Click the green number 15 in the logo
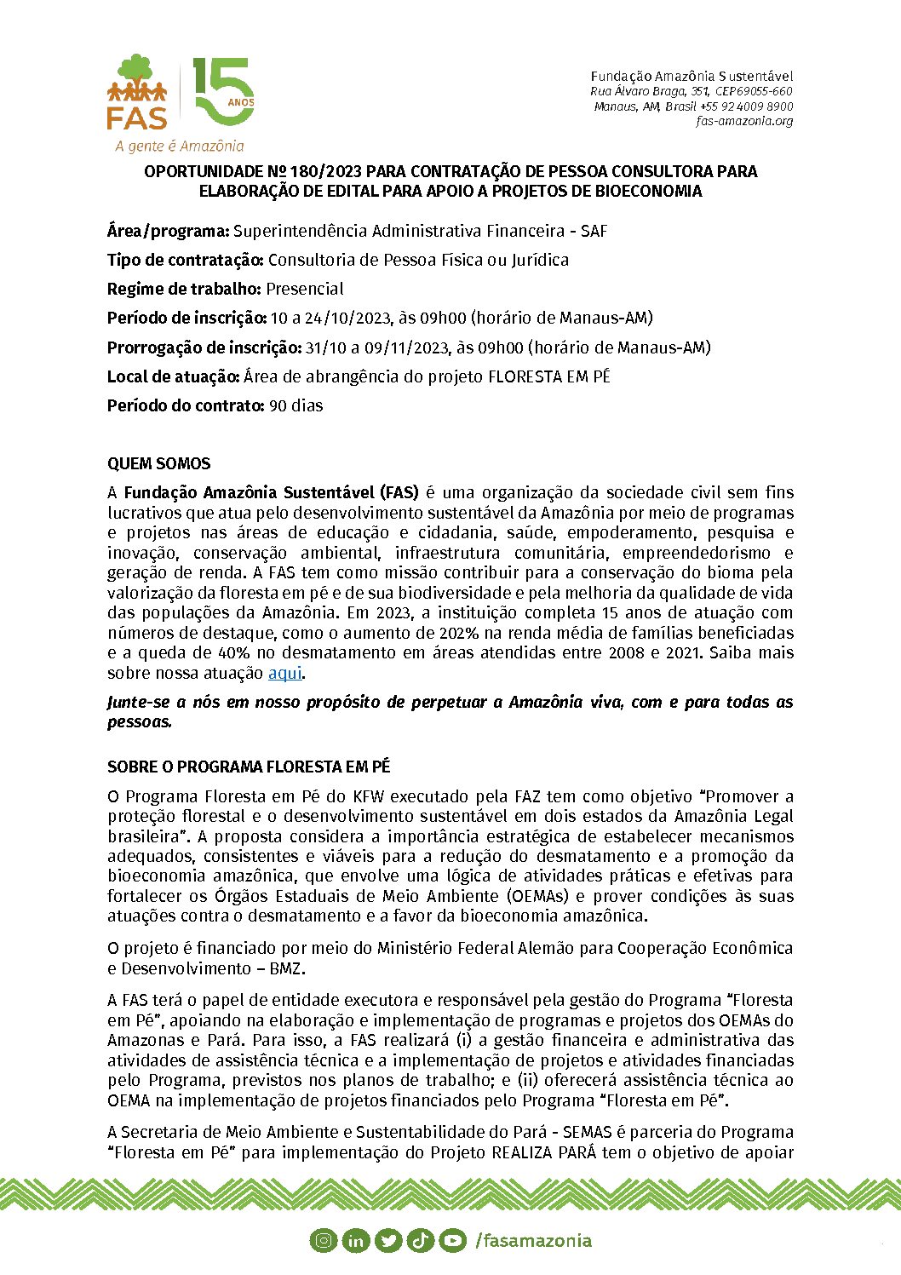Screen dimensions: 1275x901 pyautogui.click(x=222, y=91)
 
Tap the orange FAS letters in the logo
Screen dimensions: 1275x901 pyautogui.click(x=136, y=117)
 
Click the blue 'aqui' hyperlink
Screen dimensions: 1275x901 pyautogui.click(x=284, y=673)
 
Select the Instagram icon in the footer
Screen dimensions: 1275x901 pyautogui.click(x=324, y=1241)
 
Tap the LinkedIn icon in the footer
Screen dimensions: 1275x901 pyautogui.click(x=356, y=1241)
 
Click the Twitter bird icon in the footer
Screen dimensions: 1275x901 pyautogui.click(x=388, y=1241)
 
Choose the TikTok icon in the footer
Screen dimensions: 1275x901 pyautogui.click(x=421, y=1241)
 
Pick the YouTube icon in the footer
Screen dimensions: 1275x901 pyautogui.click(x=453, y=1241)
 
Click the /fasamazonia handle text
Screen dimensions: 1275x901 pyautogui.click(x=534, y=1240)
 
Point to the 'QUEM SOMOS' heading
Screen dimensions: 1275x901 pyautogui.click(x=158, y=464)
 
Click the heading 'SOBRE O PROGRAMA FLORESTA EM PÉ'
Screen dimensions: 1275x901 pyautogui.click(x=249, y=767)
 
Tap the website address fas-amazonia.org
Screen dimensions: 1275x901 pyautogui.click(x=744, y=121)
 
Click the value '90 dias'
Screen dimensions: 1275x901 pyautogui.click(x=296, y=405)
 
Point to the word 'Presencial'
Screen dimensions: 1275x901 pyautogui.click(x=305, y=289)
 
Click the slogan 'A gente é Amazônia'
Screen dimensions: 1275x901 pyautogui.click(x=180, y=146)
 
